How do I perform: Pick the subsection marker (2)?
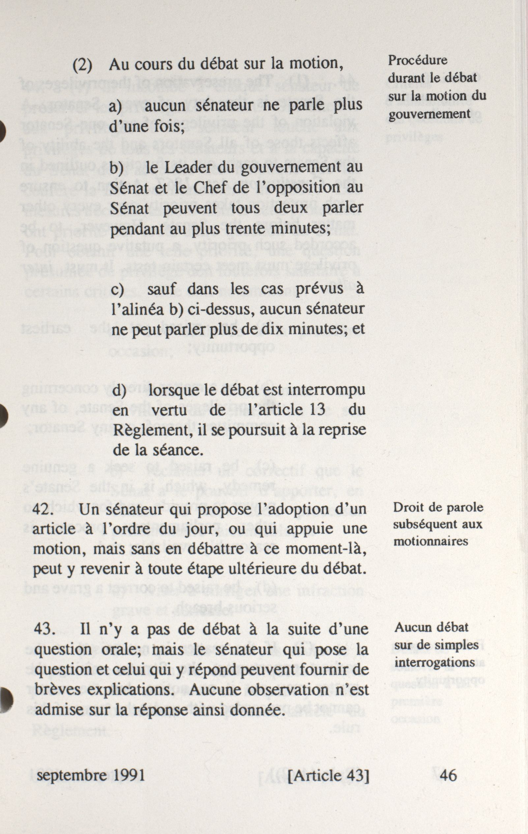tap(82, 65)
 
